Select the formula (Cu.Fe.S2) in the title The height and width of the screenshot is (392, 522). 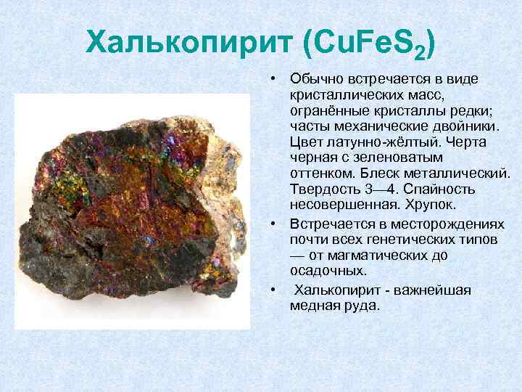[x=367, y=44]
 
